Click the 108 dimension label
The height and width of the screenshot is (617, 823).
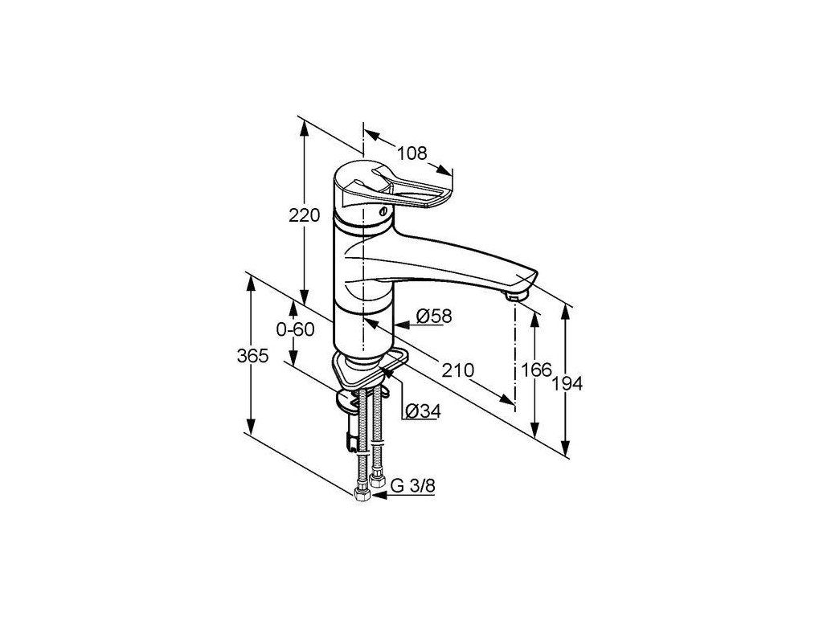point(412,153)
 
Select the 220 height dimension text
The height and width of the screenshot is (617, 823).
point(305,215)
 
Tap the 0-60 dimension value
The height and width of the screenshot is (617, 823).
point(296,329)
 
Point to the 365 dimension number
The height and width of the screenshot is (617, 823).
point(252,356)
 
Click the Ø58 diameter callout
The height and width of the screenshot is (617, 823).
point(433,317)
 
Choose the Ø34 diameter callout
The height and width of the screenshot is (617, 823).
point(424,411)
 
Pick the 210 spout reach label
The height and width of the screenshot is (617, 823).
point(457,370)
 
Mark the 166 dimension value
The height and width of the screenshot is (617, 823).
point(536,370)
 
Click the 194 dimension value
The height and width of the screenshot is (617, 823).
point(568,384)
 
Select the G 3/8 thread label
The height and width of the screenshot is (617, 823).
point(413,486)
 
